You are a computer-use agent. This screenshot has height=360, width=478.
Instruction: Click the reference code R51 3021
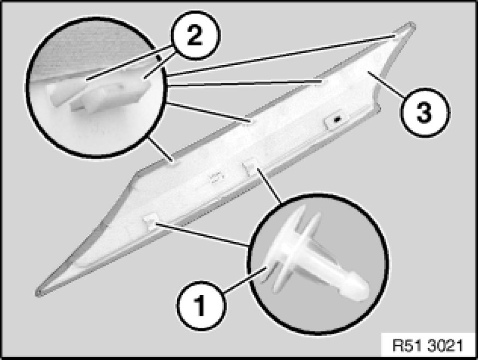(x=429, y=346)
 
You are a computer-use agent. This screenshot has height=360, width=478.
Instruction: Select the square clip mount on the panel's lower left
(x=150, y=220)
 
